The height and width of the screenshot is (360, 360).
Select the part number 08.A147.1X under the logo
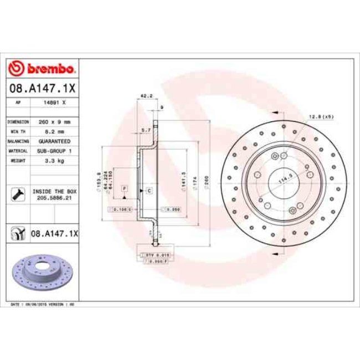pos(42,88)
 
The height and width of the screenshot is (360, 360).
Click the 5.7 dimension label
pos(147,130)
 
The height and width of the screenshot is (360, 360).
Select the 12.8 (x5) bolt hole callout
pos(321,116)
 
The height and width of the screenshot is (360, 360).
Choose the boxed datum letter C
pos(149,190)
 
